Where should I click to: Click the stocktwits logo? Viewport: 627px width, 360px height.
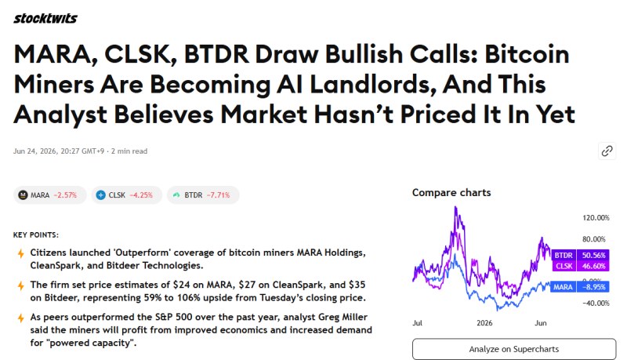(45, 18)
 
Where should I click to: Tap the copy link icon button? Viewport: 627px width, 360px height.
(607, 151)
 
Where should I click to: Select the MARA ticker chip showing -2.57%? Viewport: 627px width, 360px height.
(50, 195)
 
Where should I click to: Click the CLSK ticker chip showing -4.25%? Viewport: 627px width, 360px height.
(127, 195)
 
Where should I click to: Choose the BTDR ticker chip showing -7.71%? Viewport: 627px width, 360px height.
(203, 195)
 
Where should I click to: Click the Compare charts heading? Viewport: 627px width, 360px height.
(451, 193)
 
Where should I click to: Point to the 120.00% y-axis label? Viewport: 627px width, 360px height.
(596, 218)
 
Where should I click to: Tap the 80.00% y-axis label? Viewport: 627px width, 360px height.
(594, 239)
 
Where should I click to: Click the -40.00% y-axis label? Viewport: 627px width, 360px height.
(596, 304)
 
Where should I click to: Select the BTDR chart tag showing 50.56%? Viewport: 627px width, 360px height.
(580, 255)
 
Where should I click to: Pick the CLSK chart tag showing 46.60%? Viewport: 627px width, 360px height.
(580, 266)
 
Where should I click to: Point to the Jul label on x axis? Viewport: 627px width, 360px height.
(417, 323)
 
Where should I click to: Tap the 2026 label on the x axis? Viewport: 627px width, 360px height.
(484, 323)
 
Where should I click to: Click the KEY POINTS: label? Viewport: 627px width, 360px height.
(36, 235)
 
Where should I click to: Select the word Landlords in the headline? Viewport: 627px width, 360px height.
(372, 85)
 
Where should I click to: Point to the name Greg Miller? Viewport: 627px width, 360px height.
(342, 317)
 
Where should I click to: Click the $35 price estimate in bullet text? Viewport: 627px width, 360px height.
(357, 285)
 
